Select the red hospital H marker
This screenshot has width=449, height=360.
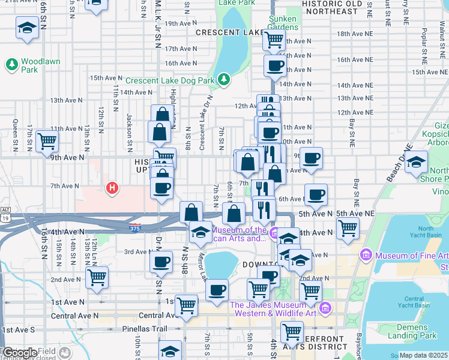[111, 188]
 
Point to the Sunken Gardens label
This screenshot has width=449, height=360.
[282, 23]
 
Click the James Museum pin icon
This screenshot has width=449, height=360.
[325, 309]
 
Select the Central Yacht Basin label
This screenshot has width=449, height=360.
[414, 303]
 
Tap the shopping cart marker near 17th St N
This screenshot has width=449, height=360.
[47, 142]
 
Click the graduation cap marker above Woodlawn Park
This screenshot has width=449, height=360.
[27, 28]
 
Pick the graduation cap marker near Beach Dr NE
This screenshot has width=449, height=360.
[416, 161]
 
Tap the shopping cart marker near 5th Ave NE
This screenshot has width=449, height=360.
[348, 227]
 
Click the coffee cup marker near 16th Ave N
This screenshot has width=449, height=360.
[275, 65]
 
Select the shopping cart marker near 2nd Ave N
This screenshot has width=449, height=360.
[97, 277]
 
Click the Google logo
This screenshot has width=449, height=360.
[20, 353]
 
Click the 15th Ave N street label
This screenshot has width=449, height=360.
[106, 78]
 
